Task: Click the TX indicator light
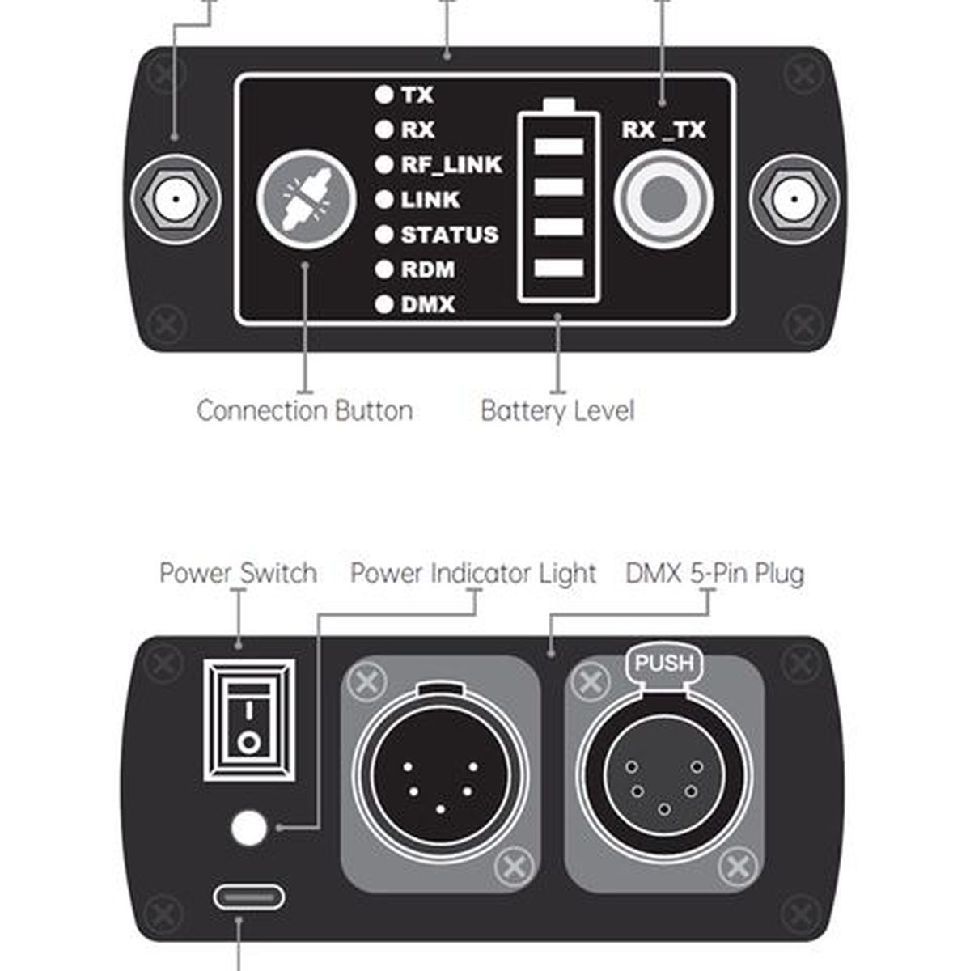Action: click(x=384, y=95)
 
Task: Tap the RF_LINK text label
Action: click(x=451, y=165)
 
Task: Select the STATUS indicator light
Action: click(x=384, y=235)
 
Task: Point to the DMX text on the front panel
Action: click(x=428, y=304)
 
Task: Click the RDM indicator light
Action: click(x=384, y=269)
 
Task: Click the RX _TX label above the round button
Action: click(x=663, y=130)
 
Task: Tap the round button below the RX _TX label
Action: click(x=663, y=198)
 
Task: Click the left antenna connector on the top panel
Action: click(x=176, y=199)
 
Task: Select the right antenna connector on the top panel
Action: click(x=794, y=199)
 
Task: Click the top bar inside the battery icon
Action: click(x=559, y=146)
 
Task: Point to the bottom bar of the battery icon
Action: click(x=559, y=268)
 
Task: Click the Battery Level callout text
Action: click(x=557, y=411)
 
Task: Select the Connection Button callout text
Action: click(x=305, y=411)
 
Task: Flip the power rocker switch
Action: click(x=249, y=721)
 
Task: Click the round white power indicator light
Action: click(x=248, y=828)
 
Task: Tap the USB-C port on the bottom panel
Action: click(x=248, y=897)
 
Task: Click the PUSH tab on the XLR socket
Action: click(x=665, y=664)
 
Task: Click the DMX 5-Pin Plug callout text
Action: click(x=714, y=574)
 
